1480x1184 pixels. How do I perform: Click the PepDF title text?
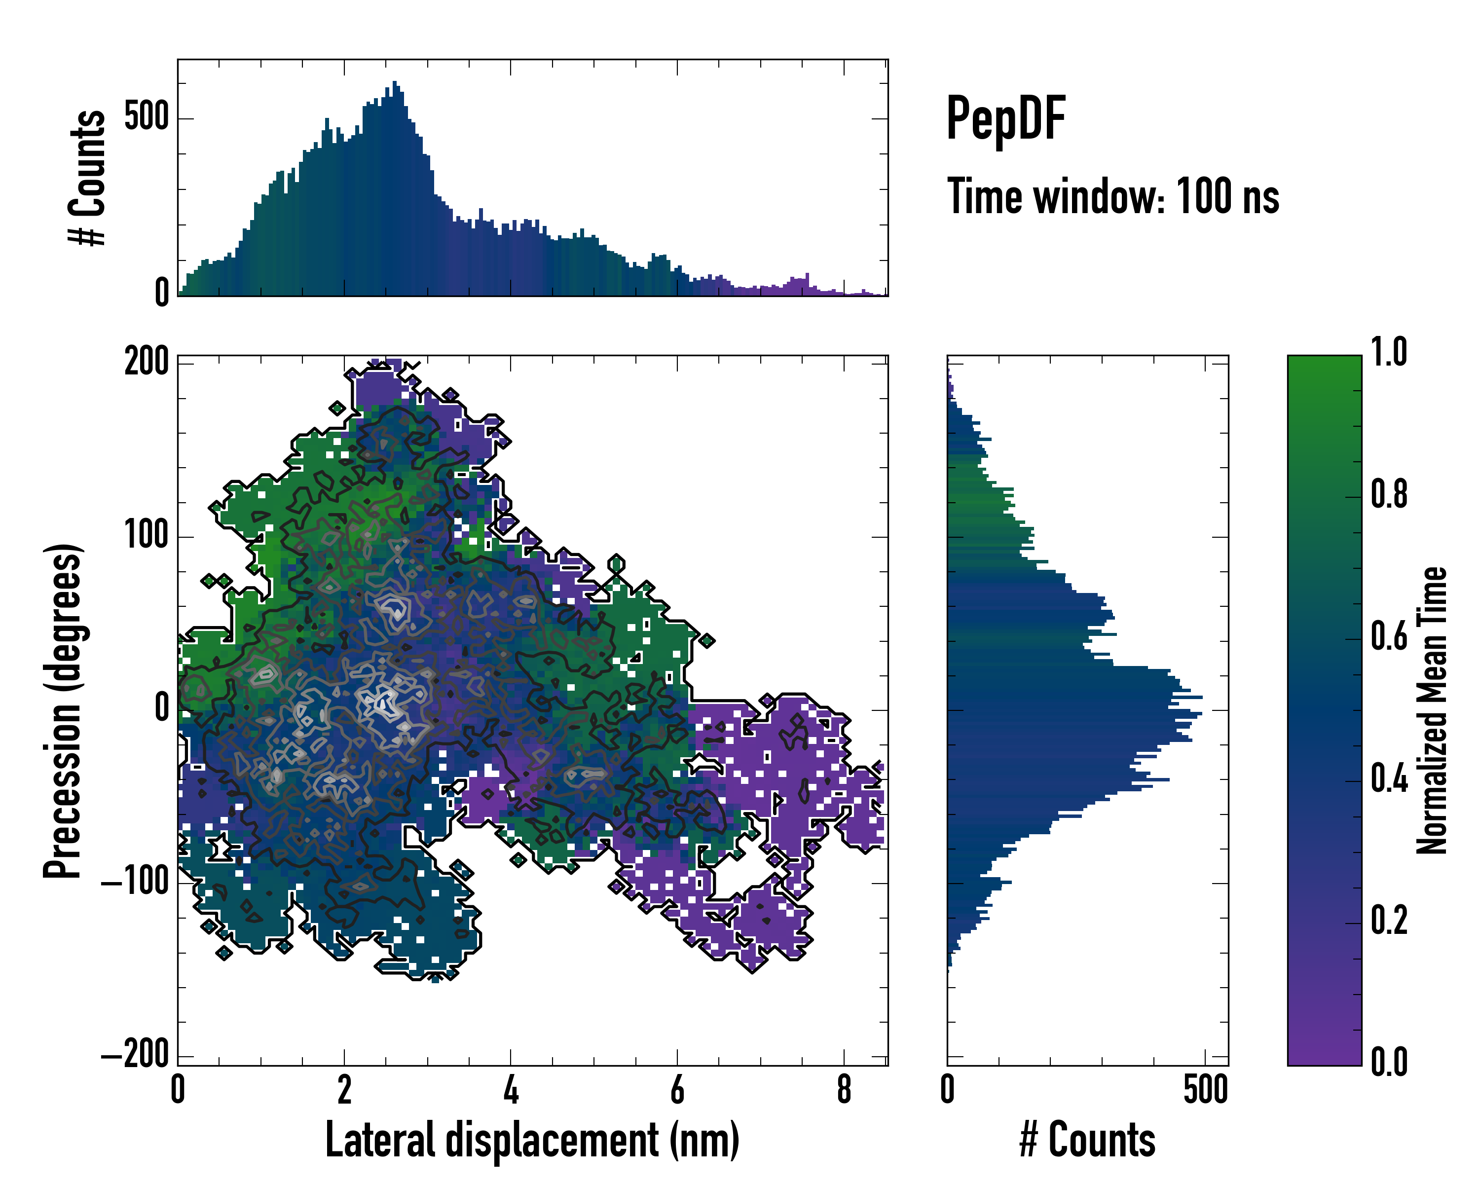[1005, 119]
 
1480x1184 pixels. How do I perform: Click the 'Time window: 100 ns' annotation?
[1113, 197]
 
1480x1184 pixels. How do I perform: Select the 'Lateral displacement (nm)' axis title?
[532, 1140]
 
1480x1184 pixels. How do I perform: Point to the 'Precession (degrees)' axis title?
[63, 710]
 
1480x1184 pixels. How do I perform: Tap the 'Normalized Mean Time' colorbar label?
[1432, 710]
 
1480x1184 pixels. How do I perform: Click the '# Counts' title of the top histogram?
[87, 178]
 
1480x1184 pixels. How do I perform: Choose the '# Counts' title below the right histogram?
[1087, 1140]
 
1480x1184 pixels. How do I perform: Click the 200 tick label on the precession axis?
[146, 361]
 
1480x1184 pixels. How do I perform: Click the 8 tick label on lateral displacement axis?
[844, 1089]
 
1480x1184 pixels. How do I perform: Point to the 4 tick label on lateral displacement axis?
[511, 1089]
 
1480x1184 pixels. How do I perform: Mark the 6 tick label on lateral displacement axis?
[677, 1089]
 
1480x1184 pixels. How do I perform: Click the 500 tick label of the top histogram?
[146, 117]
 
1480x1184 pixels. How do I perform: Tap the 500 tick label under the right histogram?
[1205, 1089]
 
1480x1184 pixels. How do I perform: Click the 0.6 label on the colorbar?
[1389, 636]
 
